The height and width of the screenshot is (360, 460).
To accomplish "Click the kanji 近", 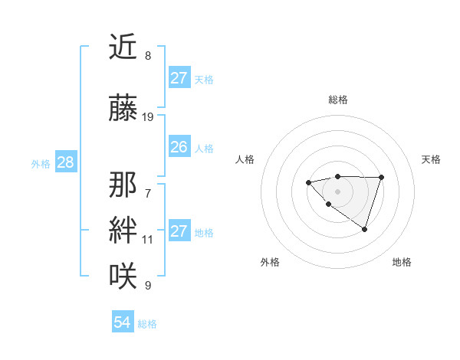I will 124,47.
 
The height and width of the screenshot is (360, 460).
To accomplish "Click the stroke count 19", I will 148,117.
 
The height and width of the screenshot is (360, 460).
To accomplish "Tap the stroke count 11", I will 148,240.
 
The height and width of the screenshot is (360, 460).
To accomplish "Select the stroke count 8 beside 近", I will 148,56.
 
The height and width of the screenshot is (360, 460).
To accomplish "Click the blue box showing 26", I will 179,147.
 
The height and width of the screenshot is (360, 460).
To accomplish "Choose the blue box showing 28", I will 65,162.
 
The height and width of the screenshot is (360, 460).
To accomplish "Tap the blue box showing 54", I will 122,322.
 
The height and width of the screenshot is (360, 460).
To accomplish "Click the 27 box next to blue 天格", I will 179,78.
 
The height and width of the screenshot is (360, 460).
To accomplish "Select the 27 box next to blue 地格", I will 179,231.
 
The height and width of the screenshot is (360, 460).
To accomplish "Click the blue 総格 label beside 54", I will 147,324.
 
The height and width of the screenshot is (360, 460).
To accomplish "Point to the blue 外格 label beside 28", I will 41,163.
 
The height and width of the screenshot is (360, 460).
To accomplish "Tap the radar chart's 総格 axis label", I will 337,100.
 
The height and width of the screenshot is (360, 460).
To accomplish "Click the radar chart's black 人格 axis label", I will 245,159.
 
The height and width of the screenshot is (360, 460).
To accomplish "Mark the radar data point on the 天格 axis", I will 381,178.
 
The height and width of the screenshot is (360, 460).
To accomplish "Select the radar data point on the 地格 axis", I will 364,229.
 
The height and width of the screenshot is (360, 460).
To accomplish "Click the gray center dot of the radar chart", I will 337,191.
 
